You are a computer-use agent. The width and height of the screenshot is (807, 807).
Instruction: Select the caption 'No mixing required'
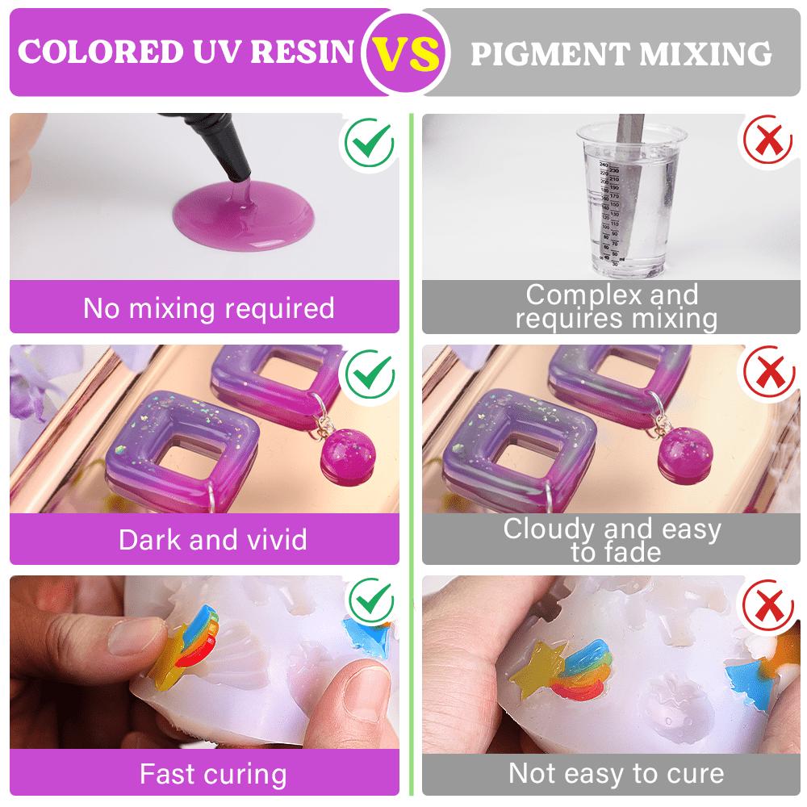click(208, 307)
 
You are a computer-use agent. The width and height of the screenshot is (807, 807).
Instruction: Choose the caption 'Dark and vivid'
click(212, 539)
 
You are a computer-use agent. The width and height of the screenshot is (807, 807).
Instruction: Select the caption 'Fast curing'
click(212, 773)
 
